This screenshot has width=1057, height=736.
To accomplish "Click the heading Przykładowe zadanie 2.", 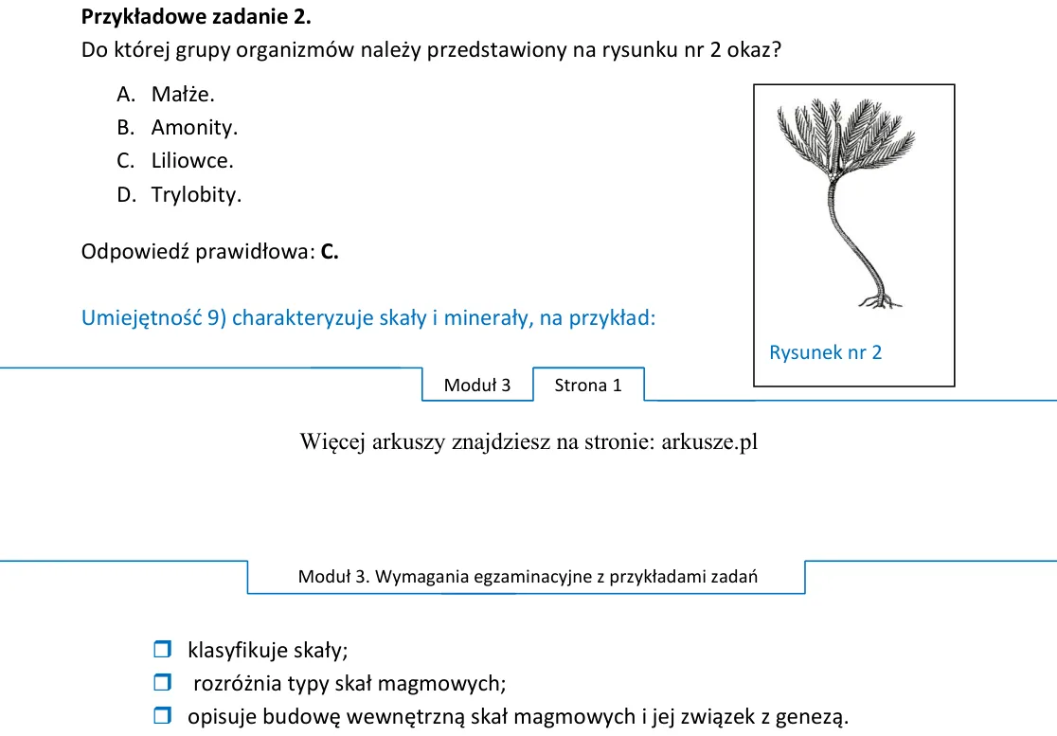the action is (x=196, y=17).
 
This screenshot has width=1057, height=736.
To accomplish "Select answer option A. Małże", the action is (x=165, y=95).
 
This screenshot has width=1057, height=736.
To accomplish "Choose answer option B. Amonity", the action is (x=176, y=127).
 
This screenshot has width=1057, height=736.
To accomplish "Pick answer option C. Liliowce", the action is (x=174, y=161).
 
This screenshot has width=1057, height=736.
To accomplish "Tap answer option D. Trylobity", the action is (x=179, y=195).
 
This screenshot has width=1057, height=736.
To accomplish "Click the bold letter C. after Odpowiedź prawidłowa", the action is (x=330, y=252).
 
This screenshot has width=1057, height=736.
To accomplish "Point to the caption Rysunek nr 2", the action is (x=825, y=352).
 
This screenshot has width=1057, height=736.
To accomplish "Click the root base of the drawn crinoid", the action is (x=880, y=300).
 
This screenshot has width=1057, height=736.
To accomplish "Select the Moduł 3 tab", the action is (x=477, y=385).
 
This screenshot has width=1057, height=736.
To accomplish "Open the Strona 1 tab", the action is (x=588, y=385).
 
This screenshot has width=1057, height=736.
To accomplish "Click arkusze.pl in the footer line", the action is (x=709, y=442).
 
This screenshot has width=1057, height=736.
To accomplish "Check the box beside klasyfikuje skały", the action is (x=163, y=649).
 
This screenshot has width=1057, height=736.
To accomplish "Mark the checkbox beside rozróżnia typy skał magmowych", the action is (x=163, y=682).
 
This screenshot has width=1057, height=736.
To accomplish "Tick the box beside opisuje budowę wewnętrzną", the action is (x=163, y=715).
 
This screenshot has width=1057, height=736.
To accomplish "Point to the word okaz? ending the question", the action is (x=754, y=50).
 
